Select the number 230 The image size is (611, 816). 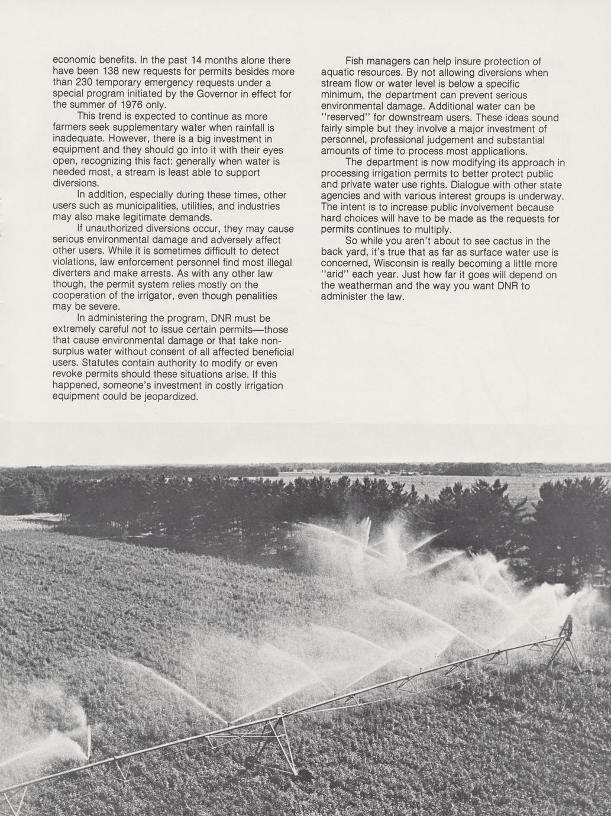(x=86, y=83)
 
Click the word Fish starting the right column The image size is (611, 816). (x=355, y=62)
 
